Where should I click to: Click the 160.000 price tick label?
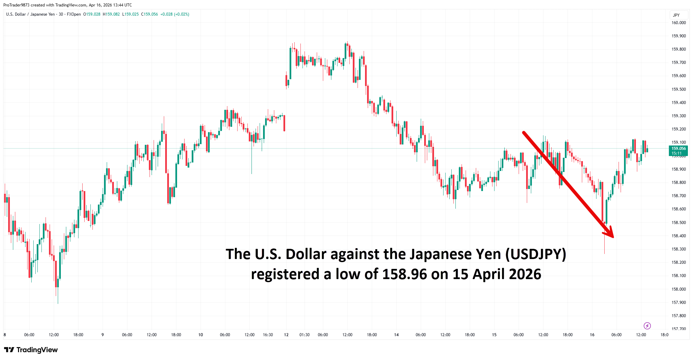678,23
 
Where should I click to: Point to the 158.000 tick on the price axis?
678,289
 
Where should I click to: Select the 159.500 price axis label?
678,89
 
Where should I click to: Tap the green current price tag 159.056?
678,149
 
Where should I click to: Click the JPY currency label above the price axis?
676,15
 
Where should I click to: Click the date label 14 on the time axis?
396,335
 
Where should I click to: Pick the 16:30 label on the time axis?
268,335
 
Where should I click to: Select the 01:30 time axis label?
304,335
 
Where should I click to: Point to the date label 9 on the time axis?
103,335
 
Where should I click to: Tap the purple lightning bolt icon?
647,326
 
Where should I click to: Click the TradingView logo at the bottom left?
31,350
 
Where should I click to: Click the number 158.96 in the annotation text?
404,274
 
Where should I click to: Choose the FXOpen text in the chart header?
74,14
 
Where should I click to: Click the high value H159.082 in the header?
111,14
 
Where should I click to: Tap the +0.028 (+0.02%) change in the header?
175,14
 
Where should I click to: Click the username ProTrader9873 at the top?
16,5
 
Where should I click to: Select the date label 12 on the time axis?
286,335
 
